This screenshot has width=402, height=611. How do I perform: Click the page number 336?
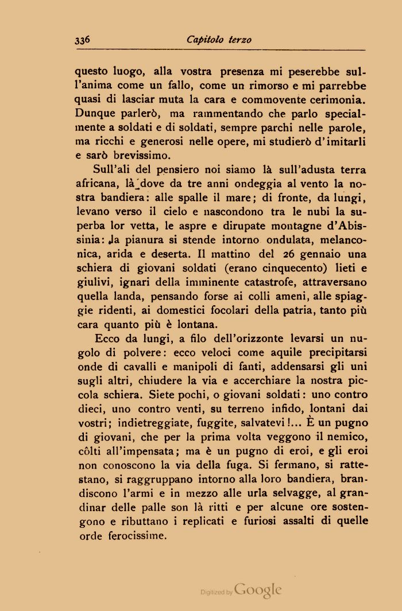click(x=84, y=40)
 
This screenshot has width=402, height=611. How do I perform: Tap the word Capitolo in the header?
click(x=205, y=40)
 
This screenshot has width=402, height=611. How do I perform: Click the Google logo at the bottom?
click(x=258, y=590)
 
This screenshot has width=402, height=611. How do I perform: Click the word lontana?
click(x=181, y=324)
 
